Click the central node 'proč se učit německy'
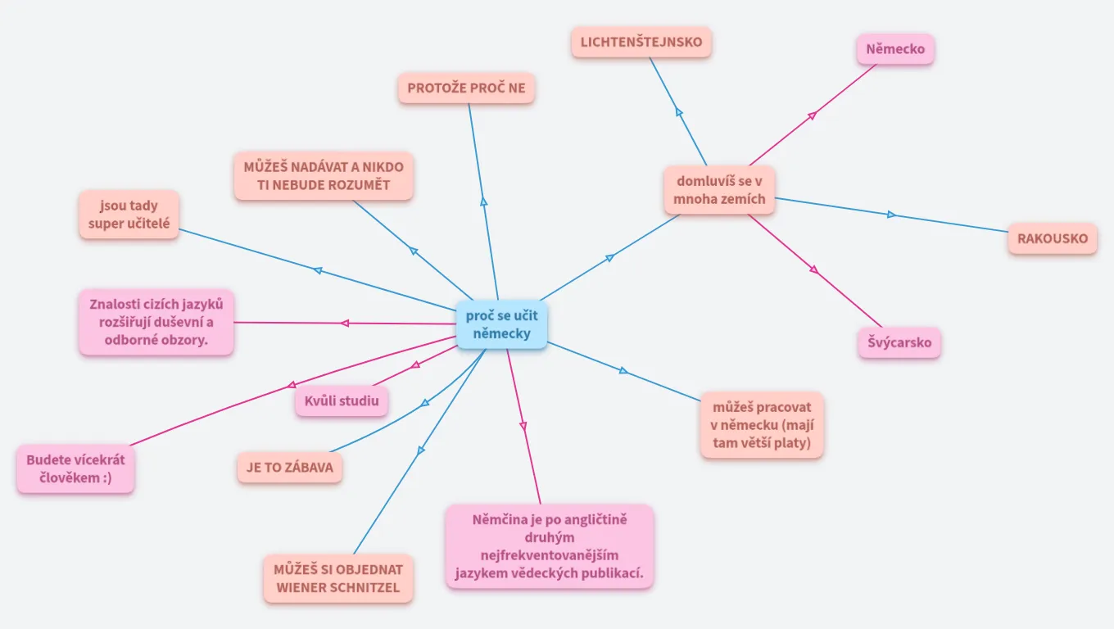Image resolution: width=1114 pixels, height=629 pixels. pyautogui.click(x=501, y=325)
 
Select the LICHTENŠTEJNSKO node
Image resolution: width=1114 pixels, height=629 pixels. pyautogui.click(x=641, y=42)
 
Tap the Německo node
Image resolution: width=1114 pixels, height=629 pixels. pyautogui.click(x=895, y=49)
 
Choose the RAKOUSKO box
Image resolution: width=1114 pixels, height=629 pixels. pyautogui.click(x=1053, y=238)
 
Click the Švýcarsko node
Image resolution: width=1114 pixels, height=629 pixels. pyautogui.click(x=899, y=342)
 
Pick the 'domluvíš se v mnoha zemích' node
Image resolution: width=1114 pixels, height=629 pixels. pyautogui.click(x=720, y=189)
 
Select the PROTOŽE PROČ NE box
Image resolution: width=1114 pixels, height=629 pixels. pyautogui.click(x=466, y=88)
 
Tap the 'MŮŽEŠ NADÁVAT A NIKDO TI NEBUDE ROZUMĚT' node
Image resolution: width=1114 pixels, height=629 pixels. pyautogui.click(x=323, y=176)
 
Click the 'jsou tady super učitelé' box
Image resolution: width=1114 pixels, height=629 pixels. pyautogui.click(x=129, y=215)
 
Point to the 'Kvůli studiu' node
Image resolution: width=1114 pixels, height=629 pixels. pyautogui.click(x=342, y=400)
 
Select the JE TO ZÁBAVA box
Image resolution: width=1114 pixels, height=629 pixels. pyautogui.click(x=289, y=468)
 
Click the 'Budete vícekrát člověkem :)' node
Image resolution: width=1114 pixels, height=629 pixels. pyautogui.click(x=75, y=469)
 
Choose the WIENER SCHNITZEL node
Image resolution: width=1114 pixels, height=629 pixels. pyautogui.click(x=337, y=578)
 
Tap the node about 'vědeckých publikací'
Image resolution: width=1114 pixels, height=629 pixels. pyautogui.click(x=550, y=546)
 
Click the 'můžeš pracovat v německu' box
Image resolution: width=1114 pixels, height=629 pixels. pyautogui.click(x=762, y=425)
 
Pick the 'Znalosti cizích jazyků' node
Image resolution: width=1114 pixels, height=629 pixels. pyautogui.click(x=156, y=322)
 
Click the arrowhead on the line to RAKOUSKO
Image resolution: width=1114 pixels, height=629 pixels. pyautogui.click(x=892, y=215)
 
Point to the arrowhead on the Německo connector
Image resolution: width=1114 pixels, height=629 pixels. pyautogui.click(x=812, y=115)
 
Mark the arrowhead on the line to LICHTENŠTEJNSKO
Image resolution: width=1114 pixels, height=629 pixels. pyautogui.click(x=679, y=112)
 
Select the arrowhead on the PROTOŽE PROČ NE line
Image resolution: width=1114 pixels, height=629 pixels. pyautogui.click(x=484, y=201)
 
